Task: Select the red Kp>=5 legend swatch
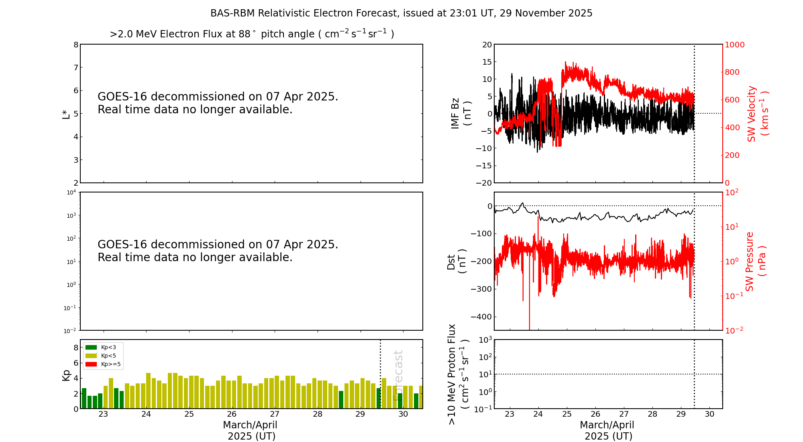pyautogui.click(x=91, y=364)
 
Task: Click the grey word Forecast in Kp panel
pyautogui.click(x=398, y=375)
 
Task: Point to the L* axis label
pyautogui.click(x=66, y=114)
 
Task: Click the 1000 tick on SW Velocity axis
pyautogui.click(x=734, y=45)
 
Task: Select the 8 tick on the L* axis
pyautogui.click(x=76, y=45)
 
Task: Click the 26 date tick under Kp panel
pyautogui.click(x=232, y=414)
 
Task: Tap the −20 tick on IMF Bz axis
pyautogui.click(x=483, y=183)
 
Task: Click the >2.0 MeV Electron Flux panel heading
pyautogui.click(x=252, y=34)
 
